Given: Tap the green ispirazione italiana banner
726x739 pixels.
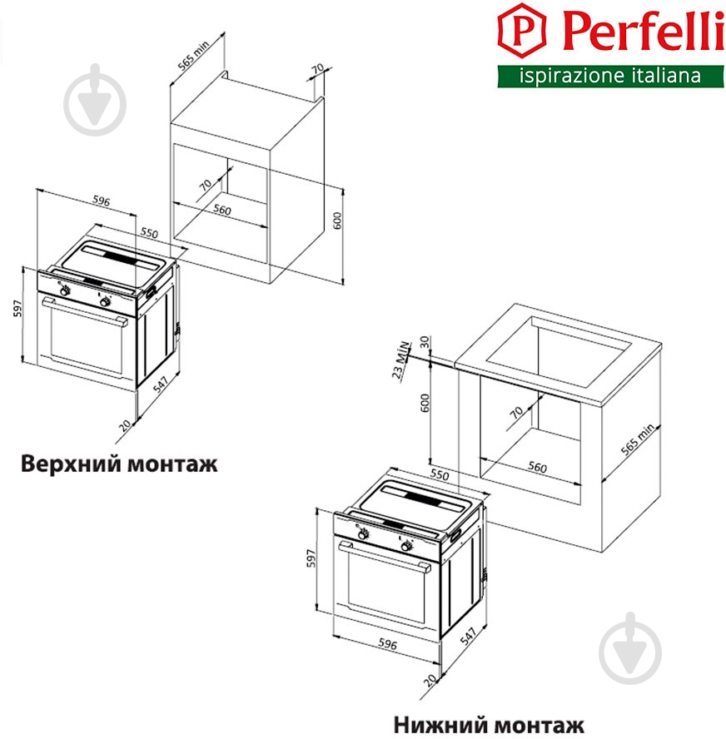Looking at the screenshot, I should click(610, 77).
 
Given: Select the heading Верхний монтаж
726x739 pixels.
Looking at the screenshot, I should click(119, 464).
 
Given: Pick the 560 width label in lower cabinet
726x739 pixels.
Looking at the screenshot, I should click(538, 468).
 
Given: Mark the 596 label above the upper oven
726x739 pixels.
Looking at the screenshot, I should click(101, 201).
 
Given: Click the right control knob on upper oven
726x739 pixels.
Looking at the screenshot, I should click(106, 302).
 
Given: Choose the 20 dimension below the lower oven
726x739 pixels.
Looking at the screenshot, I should click(430, 681).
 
